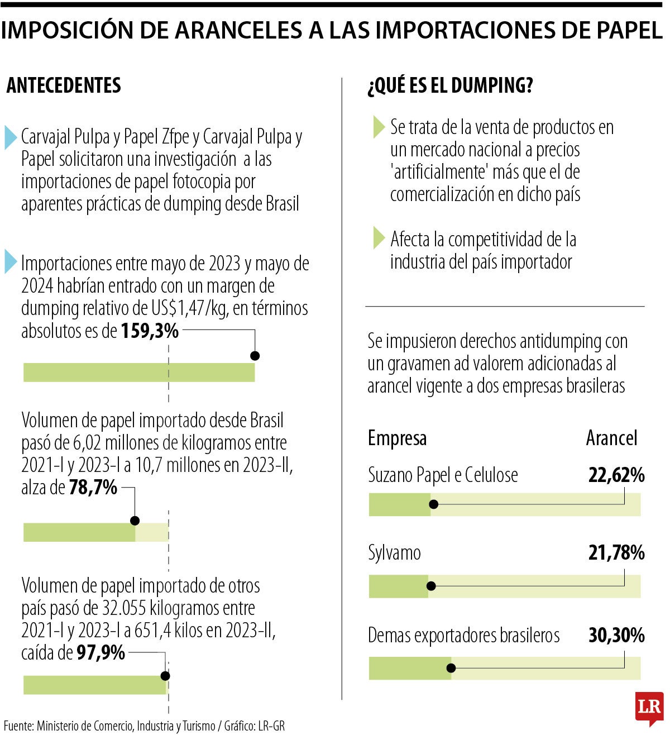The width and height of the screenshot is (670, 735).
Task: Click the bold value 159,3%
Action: [150, 331]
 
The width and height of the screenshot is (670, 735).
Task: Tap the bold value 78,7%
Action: [93, 488]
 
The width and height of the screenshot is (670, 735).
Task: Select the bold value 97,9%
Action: [100, 652]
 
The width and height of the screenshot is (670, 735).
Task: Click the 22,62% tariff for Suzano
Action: [616, 475]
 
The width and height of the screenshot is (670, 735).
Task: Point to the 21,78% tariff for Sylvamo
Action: [616, 553]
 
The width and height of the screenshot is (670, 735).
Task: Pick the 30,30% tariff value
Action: [616, 636]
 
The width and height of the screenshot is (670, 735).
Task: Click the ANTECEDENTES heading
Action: [64, 85]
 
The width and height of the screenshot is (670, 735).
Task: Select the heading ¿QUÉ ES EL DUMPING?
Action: [450, 85]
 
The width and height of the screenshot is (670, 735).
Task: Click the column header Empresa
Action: [397, 438]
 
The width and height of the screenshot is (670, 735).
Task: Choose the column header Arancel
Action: [611, 438]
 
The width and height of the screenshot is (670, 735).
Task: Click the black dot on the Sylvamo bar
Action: [431, 586]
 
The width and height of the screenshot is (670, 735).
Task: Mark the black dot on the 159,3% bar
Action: [255, 356]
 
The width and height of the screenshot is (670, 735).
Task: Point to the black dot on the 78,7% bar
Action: [135, 521]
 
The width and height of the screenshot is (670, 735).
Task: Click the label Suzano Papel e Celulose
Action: [443, 475]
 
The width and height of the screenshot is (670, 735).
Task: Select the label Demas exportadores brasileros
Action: [463, 636]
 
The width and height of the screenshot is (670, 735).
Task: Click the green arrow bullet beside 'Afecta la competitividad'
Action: [379, 238]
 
